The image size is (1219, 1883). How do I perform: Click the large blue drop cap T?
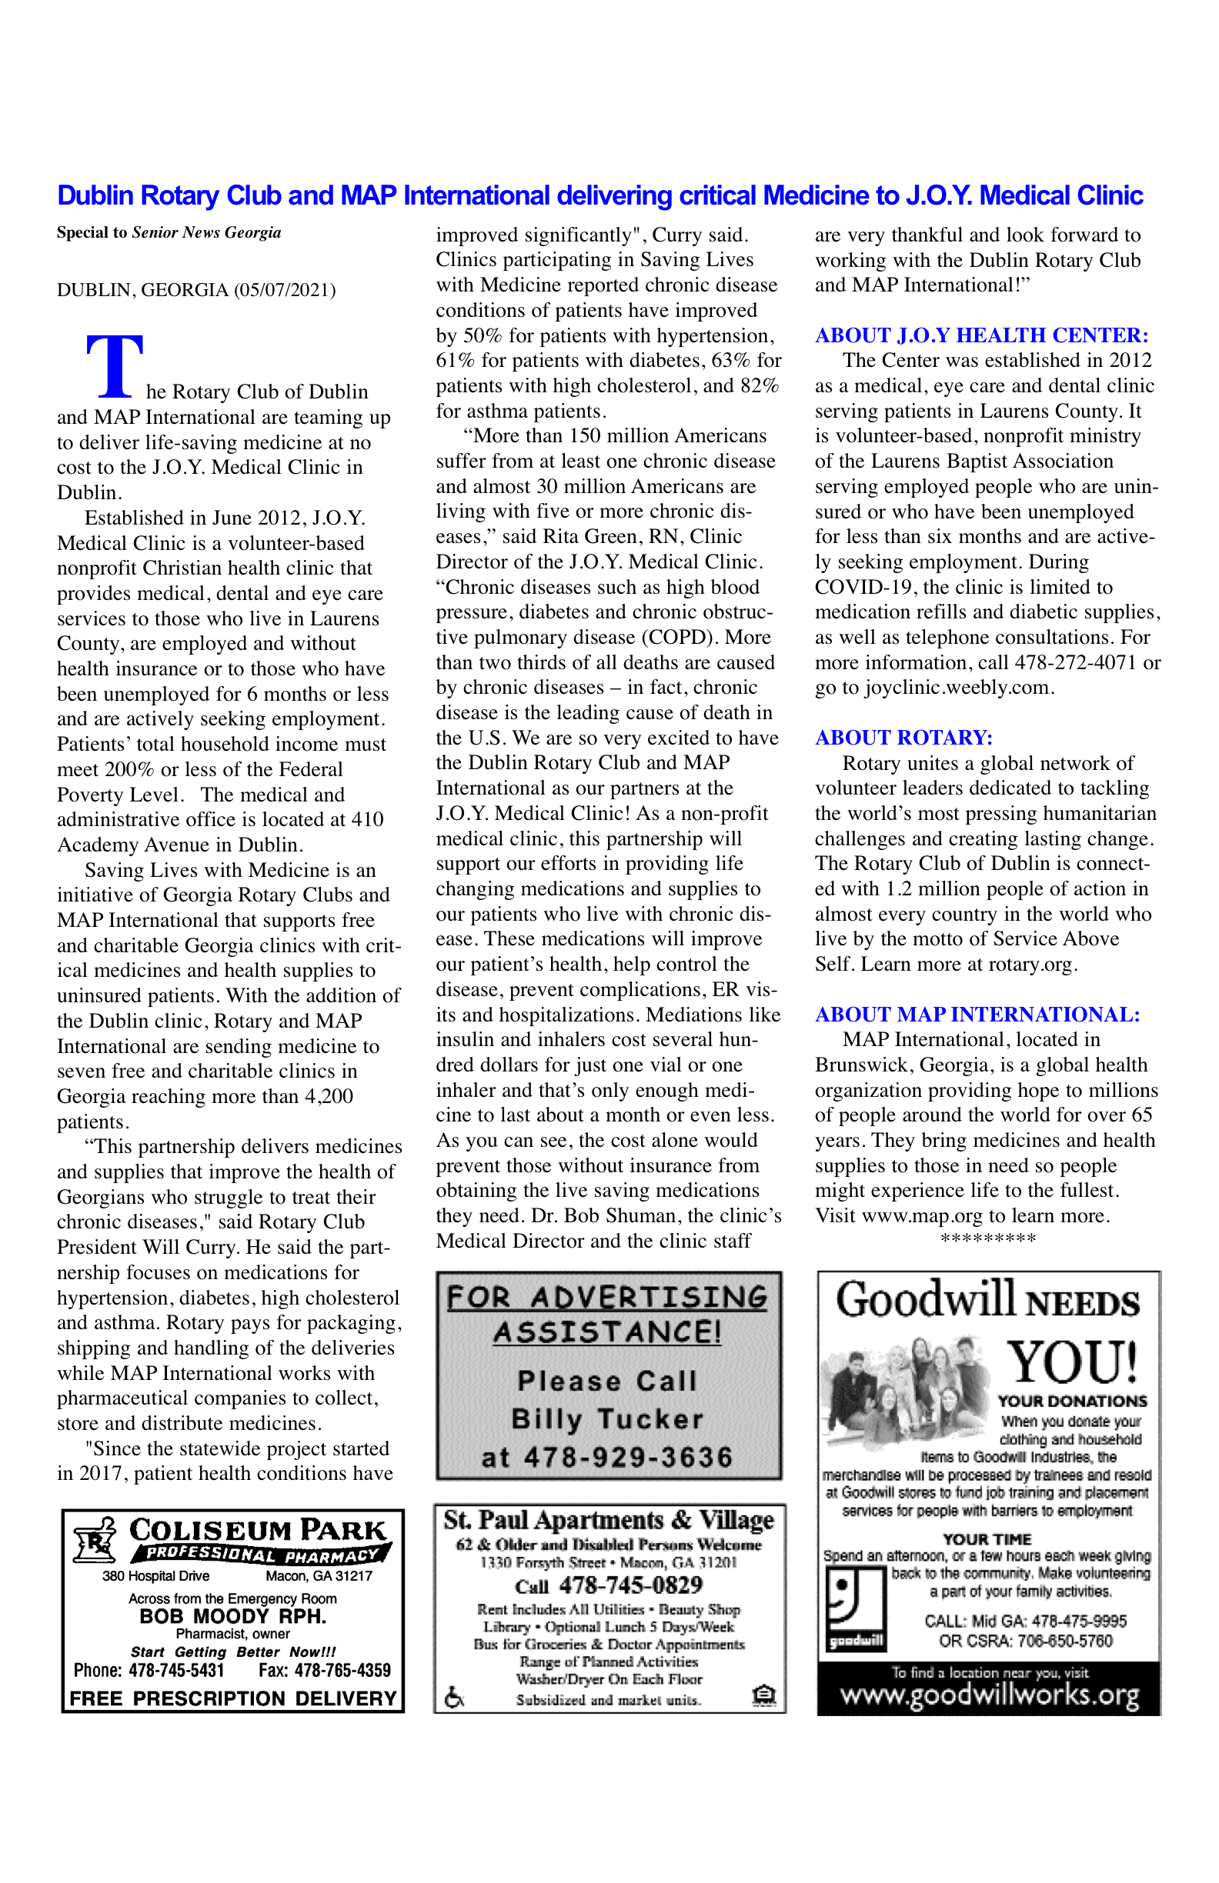pos(115,365)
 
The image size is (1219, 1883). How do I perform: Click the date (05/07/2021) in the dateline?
pos(284,290)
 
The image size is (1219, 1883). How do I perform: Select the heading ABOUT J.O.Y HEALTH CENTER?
pos(981,335)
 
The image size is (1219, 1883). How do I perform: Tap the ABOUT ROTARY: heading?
pos(903,738)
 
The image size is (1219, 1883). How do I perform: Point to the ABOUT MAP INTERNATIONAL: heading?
pos(977,1015)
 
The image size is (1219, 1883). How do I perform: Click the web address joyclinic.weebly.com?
pos(957,688)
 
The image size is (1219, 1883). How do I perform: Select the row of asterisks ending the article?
pos(988,1238)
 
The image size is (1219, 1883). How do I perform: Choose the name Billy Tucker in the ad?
pos(607,1419)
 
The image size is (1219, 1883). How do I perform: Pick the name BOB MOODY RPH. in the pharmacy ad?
pos(232,1616)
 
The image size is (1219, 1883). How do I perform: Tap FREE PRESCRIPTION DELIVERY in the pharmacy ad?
pos(232,1698)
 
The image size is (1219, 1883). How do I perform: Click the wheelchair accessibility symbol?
pos(454,1698)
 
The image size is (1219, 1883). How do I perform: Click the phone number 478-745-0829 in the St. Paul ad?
pos(630,1585)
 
